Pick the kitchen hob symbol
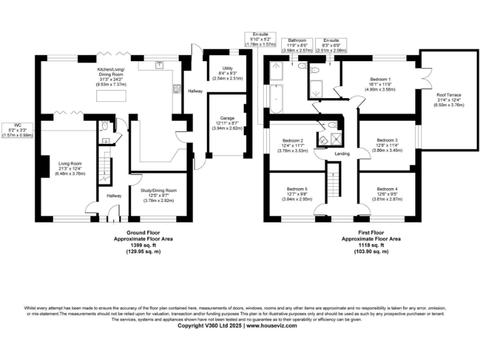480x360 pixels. [177, 88]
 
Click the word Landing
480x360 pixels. [342, 153]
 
